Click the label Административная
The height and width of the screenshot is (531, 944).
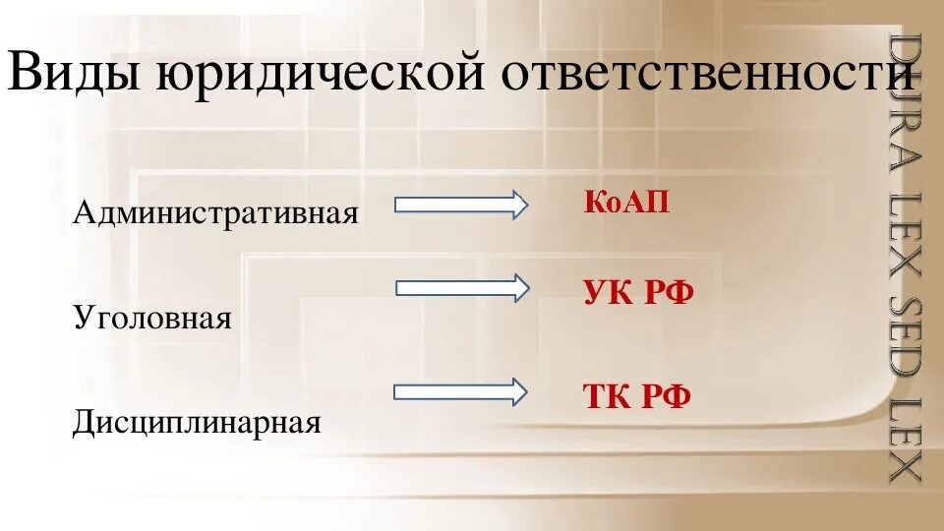(214, 211)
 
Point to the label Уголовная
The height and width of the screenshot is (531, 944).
(152, 318)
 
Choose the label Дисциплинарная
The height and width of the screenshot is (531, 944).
(198, 423)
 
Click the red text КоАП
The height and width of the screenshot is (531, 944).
(626, 203)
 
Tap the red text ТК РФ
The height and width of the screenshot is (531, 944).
(637, 396)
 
